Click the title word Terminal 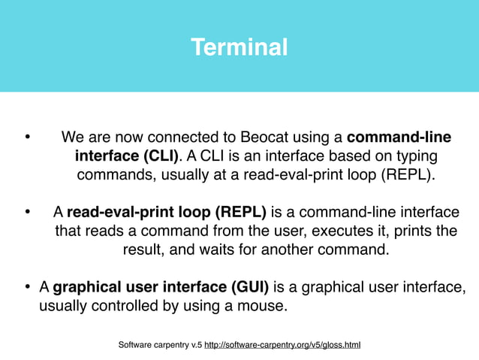coord(239,48)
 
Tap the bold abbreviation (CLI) coord(155,156)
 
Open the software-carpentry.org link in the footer coord(282,345)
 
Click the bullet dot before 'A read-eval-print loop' coord(26,213)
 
